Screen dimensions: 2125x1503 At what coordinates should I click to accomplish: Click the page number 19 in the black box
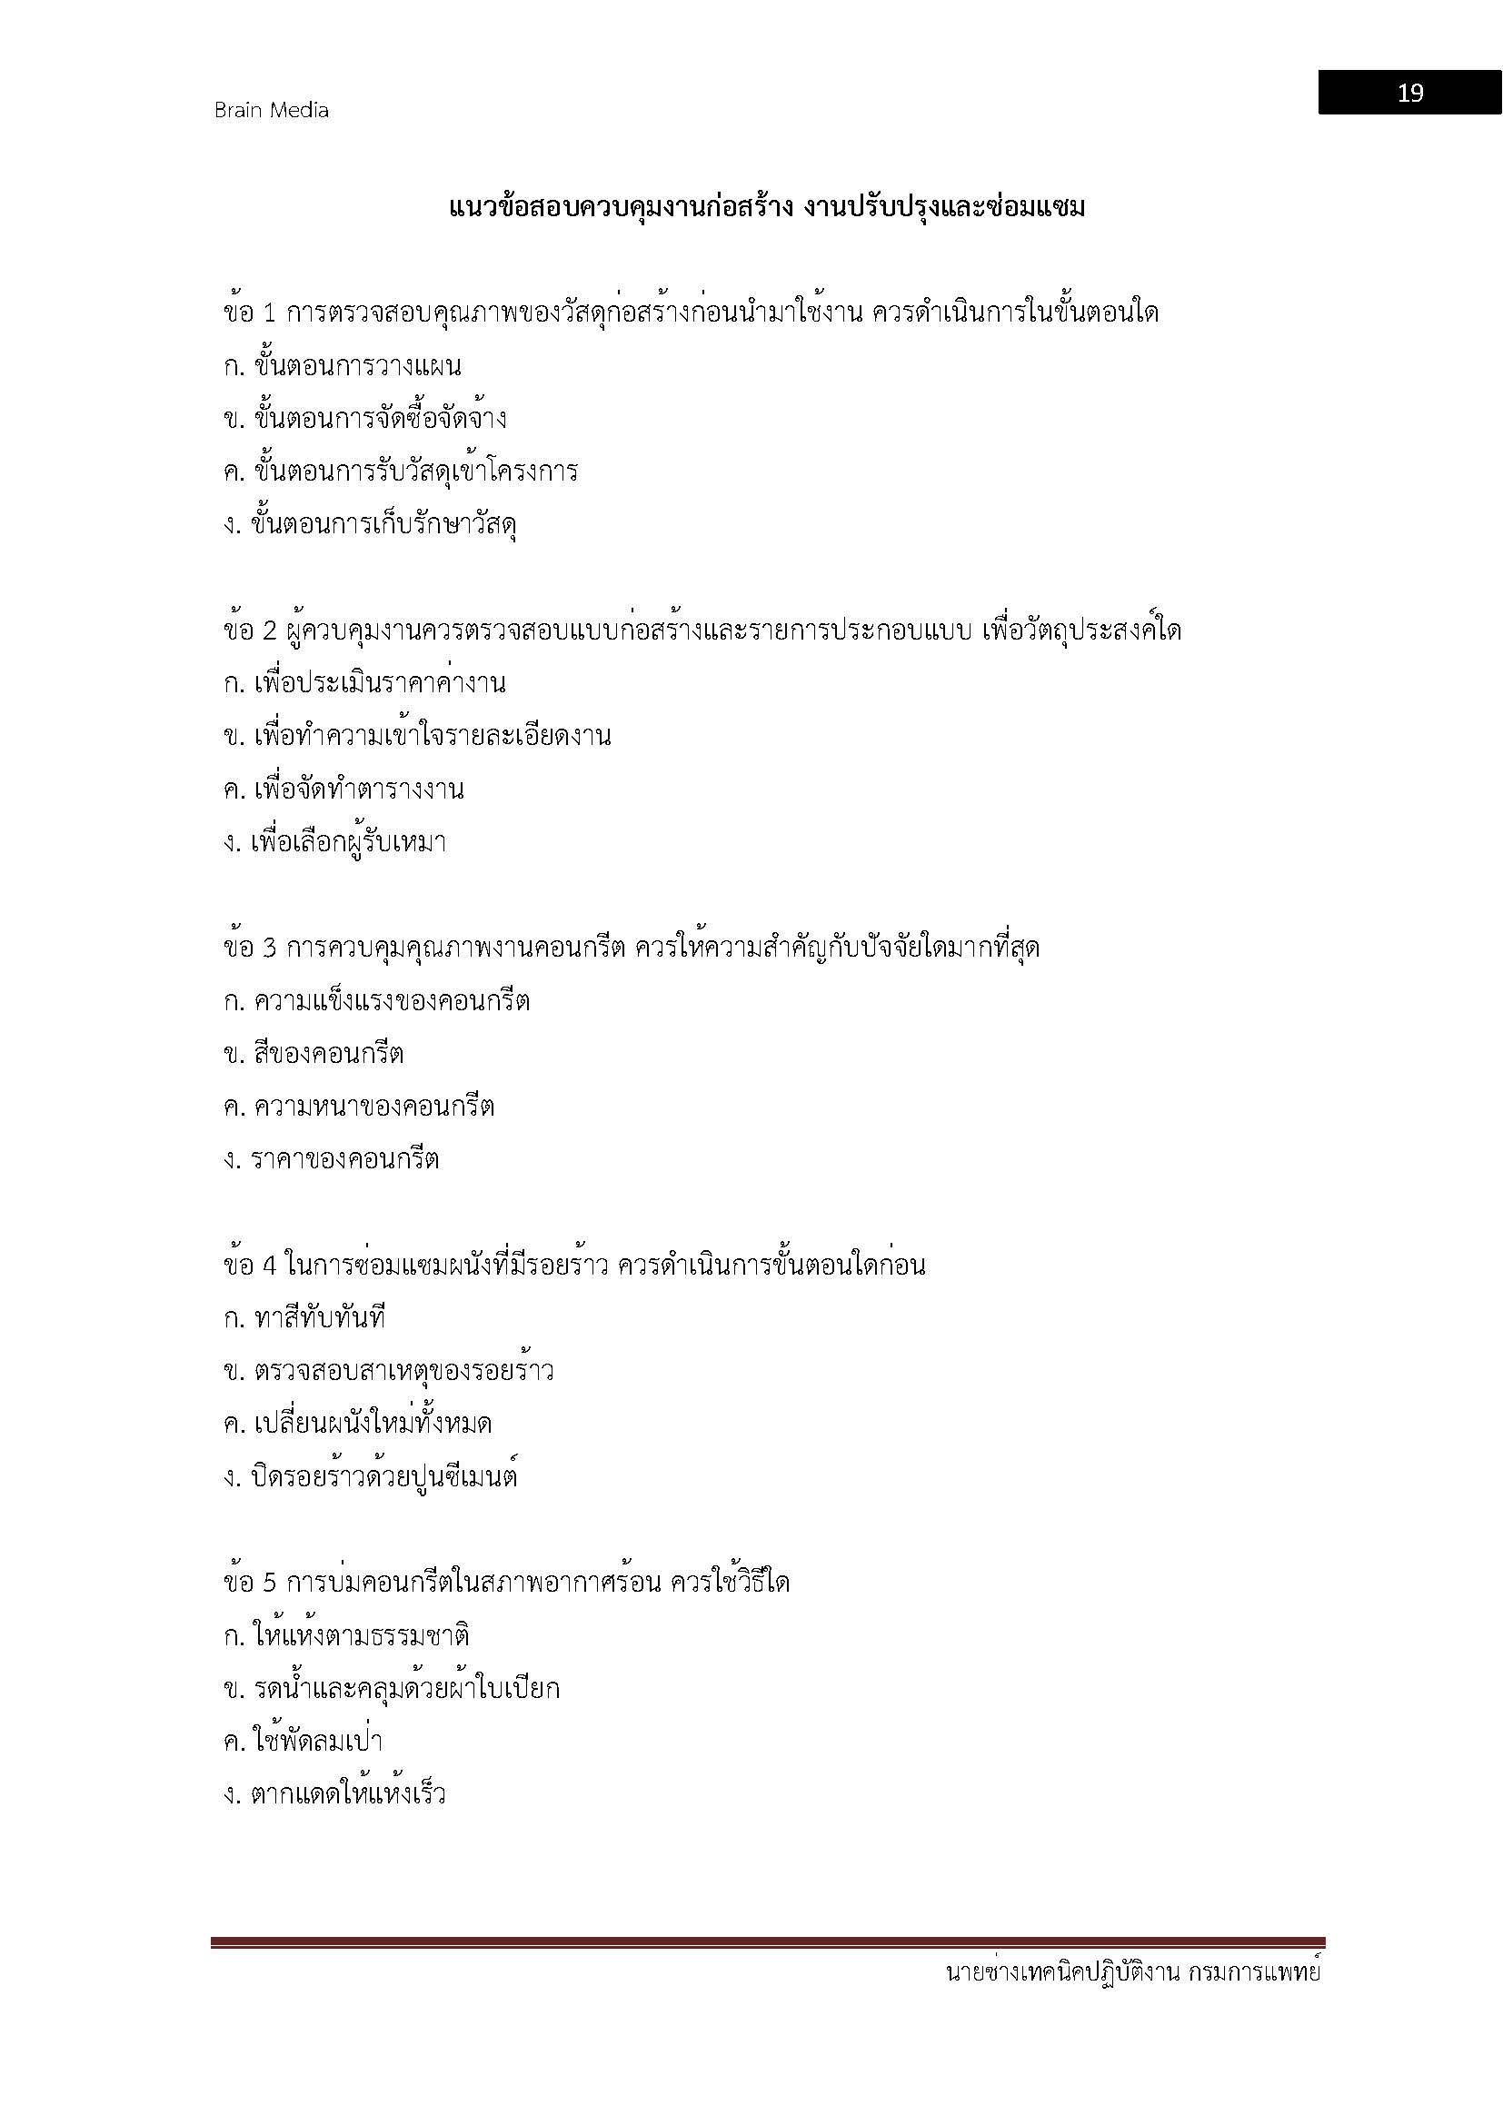click(1408, 93)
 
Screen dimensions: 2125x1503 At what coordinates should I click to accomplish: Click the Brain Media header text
click(271, 110)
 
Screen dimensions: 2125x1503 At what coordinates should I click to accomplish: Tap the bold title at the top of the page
click(766, 207)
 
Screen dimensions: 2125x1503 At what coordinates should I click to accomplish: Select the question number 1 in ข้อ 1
click(270, 313)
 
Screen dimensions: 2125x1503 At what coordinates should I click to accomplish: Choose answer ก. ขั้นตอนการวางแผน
click(343, 366)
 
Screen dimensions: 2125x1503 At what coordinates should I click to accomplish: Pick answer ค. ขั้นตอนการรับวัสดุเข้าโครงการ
click(401, 472)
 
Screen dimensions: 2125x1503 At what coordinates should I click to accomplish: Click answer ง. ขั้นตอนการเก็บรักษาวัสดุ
click(370, 526)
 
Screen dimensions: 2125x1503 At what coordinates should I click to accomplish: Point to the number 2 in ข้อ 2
click(270, 631)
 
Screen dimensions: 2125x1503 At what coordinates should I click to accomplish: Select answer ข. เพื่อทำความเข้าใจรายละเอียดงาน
click(417, 737)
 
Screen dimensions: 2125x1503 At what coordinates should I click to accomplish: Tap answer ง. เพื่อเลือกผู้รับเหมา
click(335, 843)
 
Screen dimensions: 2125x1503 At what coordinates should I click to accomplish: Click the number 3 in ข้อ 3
click(270, 948)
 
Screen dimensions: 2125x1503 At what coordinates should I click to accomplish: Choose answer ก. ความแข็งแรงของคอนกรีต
click(377, 1001)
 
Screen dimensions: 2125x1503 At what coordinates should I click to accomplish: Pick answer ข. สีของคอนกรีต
click(314, 1054)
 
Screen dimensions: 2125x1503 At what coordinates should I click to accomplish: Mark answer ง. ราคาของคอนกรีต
click(332, 1159)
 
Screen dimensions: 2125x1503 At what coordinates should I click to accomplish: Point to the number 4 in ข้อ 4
click(270, 1266)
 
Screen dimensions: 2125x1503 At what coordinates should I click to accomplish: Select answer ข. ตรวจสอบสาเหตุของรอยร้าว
click(389, 1371)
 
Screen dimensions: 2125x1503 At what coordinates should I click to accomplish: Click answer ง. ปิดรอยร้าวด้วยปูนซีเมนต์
click(370, 1477)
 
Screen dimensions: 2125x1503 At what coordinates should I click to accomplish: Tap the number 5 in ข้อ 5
click(270, 1583)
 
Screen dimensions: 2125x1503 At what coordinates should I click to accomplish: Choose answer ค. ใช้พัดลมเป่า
click(304, 1742)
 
